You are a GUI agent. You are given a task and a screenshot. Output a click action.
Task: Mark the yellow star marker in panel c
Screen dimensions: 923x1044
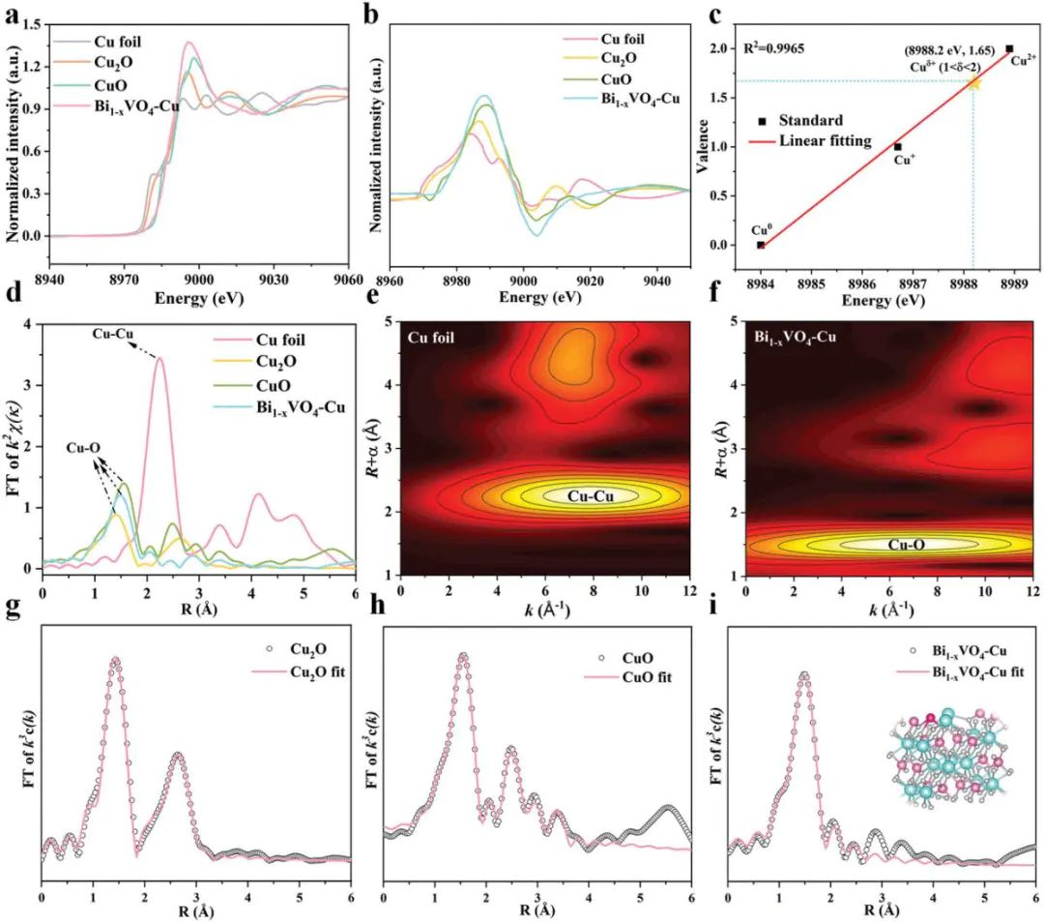[972, 82]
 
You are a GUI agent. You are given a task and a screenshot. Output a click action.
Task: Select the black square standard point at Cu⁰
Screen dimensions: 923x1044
[761, 245]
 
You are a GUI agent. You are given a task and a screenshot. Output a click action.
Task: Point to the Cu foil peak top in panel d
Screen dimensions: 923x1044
[159, 359]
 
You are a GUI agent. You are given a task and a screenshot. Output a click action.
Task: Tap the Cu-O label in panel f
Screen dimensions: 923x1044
[909, 545]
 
